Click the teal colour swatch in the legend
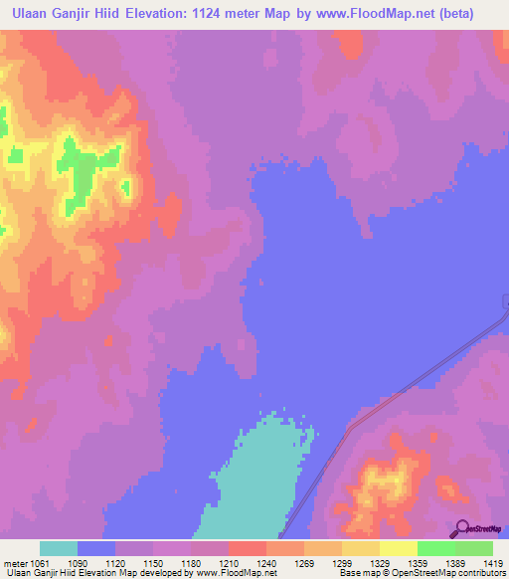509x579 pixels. (59, 549)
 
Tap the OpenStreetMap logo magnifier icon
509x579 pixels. (459, 529)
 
